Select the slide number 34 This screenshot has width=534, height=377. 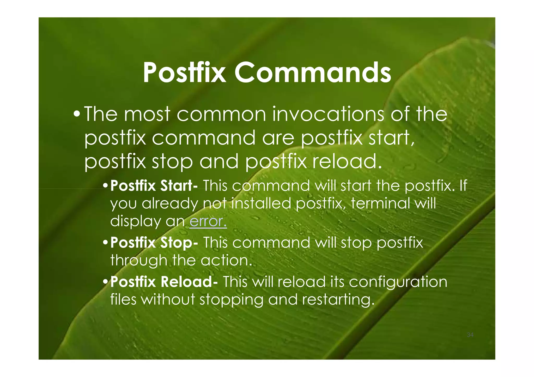(x=470, y=335)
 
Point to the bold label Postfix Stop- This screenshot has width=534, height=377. (x=154, y=243)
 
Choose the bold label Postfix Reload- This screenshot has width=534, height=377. (x=164, y=282)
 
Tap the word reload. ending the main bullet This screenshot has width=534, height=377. (x=347, y=162)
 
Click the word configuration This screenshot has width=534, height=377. (x=398, y=282)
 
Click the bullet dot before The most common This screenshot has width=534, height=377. (x=77, y=114)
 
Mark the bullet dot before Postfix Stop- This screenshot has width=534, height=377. (x=105, y=243)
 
